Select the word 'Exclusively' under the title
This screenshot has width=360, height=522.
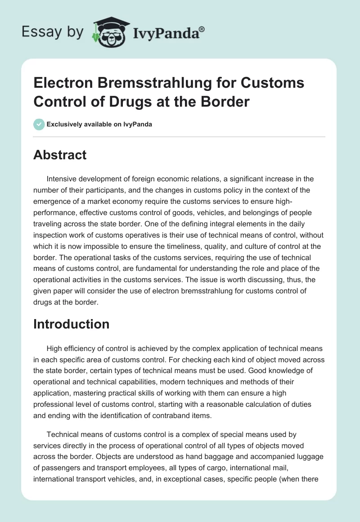coord(65,124)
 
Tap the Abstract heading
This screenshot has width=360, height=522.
coord(60,155)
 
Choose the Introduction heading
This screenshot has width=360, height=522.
coord(71,324)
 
